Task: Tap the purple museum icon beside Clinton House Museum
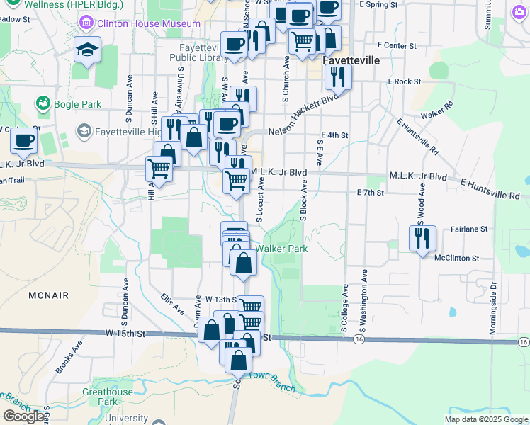point(86,23)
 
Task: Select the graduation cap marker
point(88,50)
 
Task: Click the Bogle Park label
point(77,104)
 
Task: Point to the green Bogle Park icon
point(43,104)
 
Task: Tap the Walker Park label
point(281,249)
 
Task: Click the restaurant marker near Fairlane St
point(423,238)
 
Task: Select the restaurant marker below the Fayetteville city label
point(338,78)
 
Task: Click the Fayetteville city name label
point(351,61)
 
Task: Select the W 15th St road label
point(126,334)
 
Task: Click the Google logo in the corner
point(23,416)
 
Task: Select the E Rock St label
point(404,81)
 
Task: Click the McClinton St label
point(457,258)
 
